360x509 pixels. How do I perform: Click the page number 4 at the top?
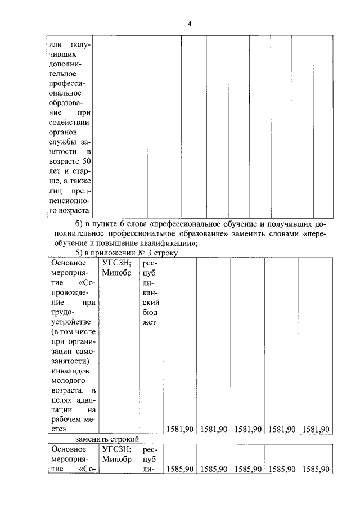[x=190, y=24]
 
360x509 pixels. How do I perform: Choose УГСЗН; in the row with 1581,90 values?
[x=117, y=262]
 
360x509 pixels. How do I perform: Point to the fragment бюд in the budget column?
[x=148, y=312]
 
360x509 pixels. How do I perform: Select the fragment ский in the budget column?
[x=148, y=302]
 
